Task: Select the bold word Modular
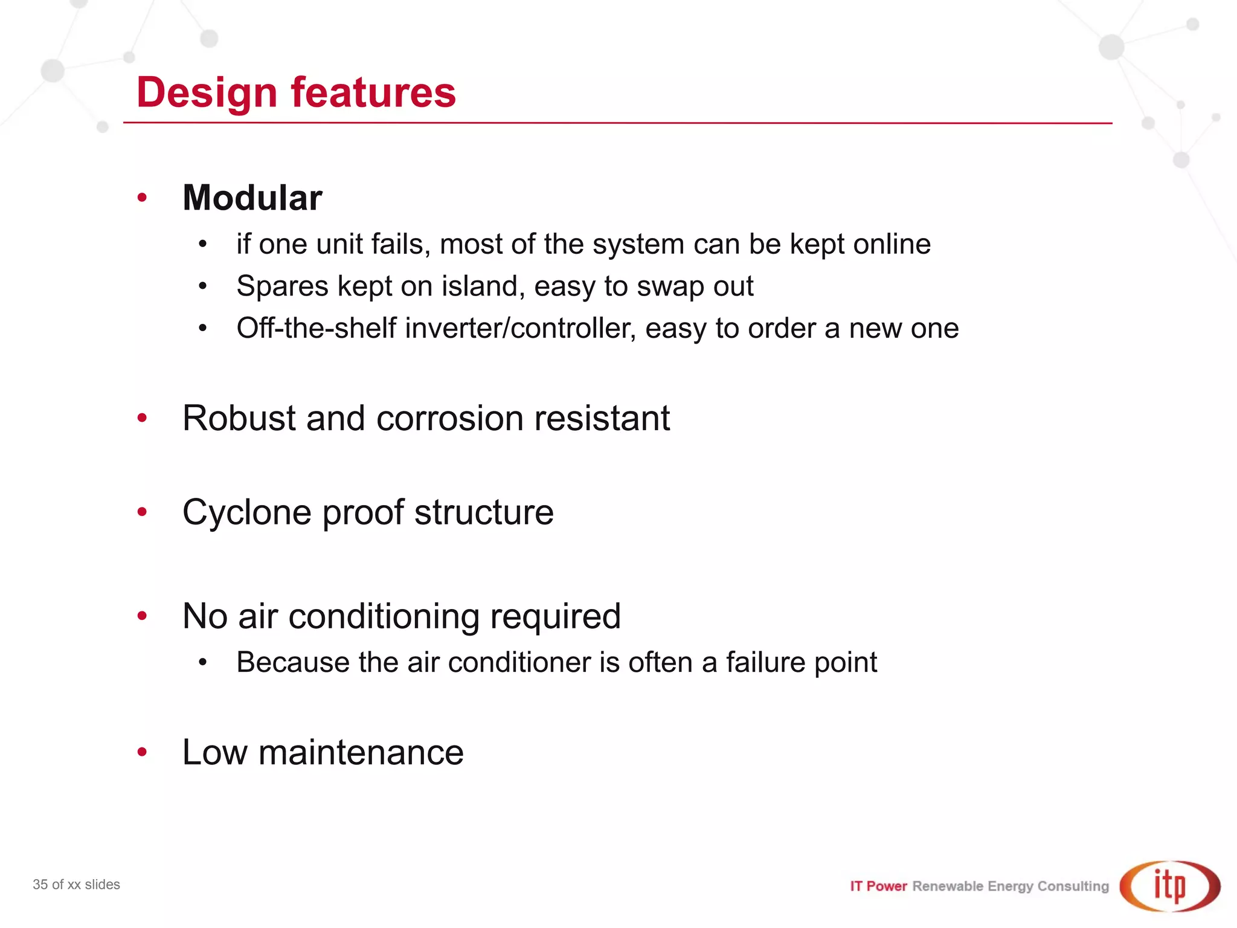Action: point(252,198)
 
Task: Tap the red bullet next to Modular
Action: point(143,198)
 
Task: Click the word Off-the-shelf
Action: point(316,329)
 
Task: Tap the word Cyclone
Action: point(247,513)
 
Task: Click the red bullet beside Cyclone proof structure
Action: point(143,512)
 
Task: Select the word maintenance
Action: point(361,753)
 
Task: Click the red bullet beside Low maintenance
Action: point(143,752)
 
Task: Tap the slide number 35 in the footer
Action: point(40,884)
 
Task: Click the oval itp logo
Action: point(1169,886)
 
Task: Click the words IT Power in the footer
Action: point(878,886)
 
